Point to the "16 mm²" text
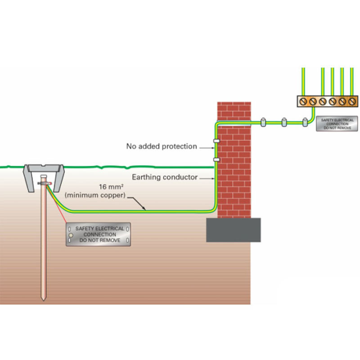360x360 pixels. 111,186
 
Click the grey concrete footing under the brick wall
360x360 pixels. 233,229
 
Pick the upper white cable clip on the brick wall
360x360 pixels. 216,141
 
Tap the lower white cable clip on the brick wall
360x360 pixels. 216,159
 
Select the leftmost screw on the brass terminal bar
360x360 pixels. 303,102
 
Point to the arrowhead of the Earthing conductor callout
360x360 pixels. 214,178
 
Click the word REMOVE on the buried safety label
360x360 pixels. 110,241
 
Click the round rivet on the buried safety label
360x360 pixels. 71,235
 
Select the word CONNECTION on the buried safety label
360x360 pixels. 99,235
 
